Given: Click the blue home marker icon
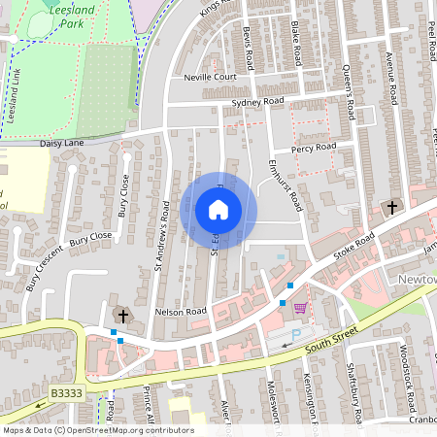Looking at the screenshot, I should click(x=218, y=210).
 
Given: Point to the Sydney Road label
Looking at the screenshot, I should click(x=258, y=101).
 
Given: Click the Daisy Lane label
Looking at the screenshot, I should click(x=63, y=143).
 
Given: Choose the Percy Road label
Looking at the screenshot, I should click(x=314, y=148).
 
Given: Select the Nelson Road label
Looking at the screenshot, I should click(x=182, y=312).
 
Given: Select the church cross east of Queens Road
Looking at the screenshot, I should click(x=392, y=207).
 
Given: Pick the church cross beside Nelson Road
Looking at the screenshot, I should click(x=122, y=314).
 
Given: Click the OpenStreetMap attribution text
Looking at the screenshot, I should click(x=98, y=430).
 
